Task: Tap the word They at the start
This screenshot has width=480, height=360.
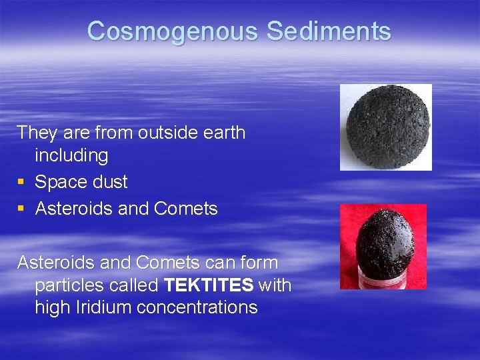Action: click(x=37, y=132)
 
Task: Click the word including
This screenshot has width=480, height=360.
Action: click(x=71, y=155)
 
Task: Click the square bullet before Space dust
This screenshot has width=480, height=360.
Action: click(x=22, y=182)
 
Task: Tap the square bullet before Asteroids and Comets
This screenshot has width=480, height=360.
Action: click(x=22, y=209)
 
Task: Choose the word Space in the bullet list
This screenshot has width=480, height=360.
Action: click(x=61, y=182)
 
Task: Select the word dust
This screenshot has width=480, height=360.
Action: click(x=110, y=182)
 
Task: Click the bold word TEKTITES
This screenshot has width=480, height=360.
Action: click(x=209, y=285)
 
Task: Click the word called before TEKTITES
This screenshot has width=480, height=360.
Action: click(x=135, y=285)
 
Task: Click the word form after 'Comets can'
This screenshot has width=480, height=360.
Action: click(x=258, y=262)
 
